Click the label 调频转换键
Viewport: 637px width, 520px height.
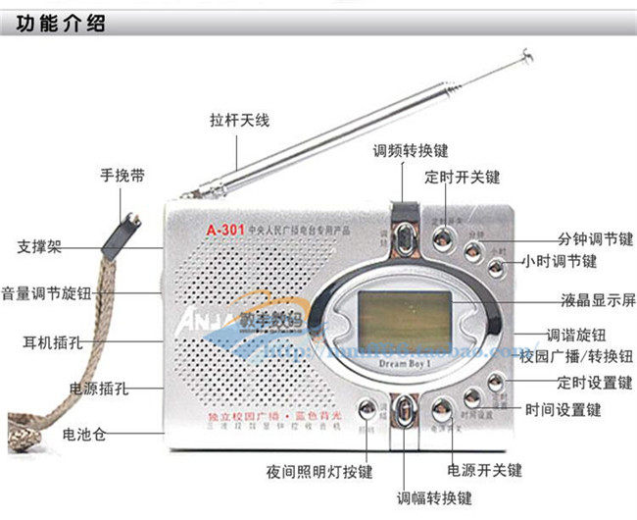tap(411, 151)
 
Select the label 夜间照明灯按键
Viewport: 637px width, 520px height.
tap(319, 471)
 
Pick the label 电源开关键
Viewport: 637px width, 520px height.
tap(484, 470)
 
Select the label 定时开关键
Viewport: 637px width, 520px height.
tap(462, 178)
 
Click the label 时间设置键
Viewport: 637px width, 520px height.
tap(563, 409)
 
